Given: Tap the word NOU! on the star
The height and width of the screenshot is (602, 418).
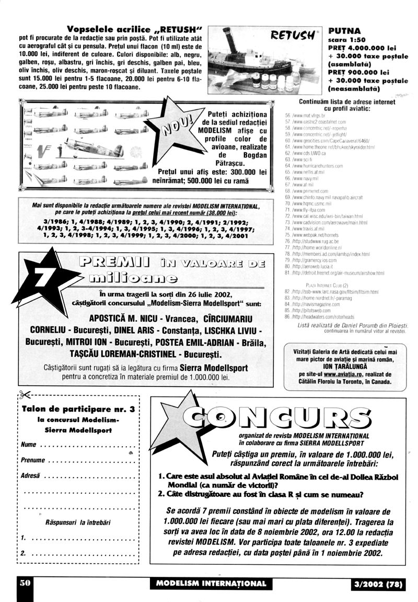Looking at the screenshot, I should point(178,126).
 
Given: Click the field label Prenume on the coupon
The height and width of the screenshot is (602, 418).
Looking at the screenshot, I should point(33,460).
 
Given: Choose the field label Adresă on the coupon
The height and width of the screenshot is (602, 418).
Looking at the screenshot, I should point(31,476).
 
